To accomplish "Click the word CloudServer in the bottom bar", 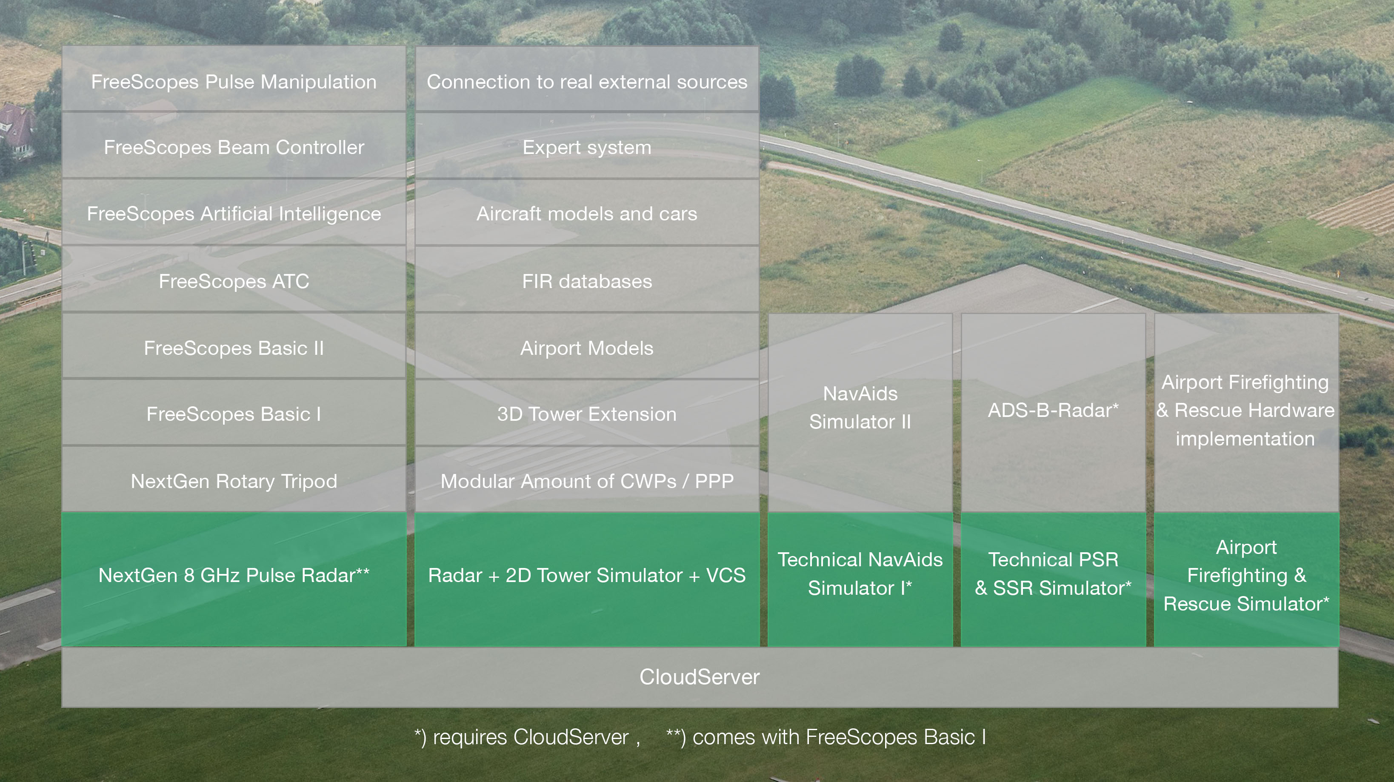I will [699, 677].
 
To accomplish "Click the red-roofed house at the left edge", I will [16, 130].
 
